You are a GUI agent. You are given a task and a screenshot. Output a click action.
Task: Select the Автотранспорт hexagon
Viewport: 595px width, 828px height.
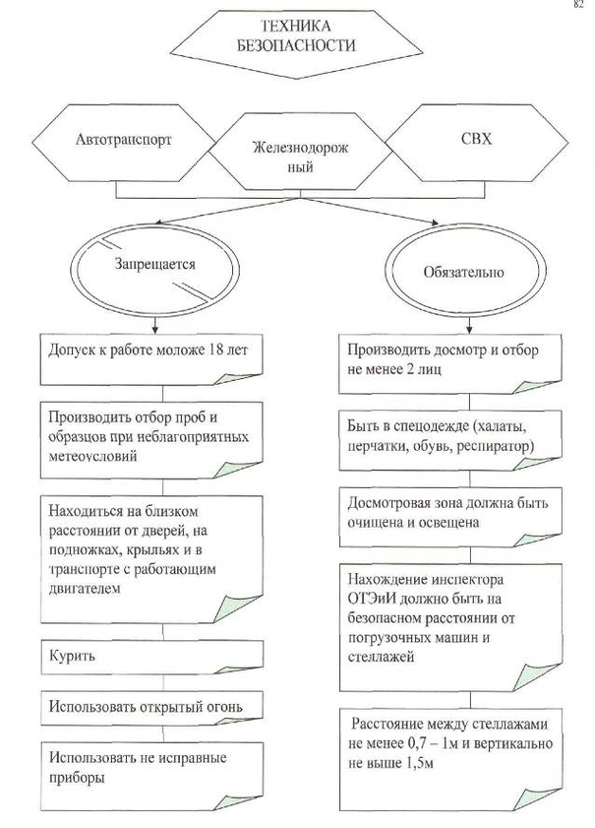(123, 139)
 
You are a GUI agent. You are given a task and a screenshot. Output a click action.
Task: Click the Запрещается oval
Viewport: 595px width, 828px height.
(154, 265)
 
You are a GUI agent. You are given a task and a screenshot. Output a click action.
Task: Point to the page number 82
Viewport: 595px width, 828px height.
(579, 6)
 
